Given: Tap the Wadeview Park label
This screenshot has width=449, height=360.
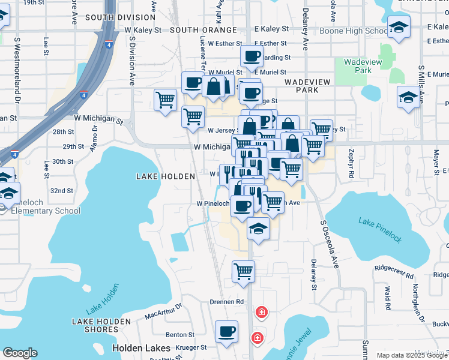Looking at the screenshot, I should [x=359, y=66].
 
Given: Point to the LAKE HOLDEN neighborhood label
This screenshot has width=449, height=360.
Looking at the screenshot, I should [x=166, y=176].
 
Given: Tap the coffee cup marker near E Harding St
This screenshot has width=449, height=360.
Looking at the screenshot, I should [x=252, y=56].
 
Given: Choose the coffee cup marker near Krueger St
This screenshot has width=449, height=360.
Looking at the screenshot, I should [x=226, y=331].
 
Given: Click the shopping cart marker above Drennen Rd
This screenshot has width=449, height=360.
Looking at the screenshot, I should [x=244, y=271].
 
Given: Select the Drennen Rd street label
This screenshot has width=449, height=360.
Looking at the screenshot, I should [x=226, y=301].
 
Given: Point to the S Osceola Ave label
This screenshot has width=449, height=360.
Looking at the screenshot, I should [x=328, y=246].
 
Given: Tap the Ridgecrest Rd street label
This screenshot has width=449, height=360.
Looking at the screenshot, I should [x=394, y=272].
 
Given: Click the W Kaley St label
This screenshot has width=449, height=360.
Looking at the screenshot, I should [x=143, y=29].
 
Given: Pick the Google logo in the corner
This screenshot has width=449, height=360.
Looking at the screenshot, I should [x=20, y=353].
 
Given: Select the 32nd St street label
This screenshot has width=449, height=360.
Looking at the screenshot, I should [x=61, y=191].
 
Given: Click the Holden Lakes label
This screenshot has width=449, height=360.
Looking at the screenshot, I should [x=136, y=348].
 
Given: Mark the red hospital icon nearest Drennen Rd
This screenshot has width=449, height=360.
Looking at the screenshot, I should [x=261, y=312].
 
